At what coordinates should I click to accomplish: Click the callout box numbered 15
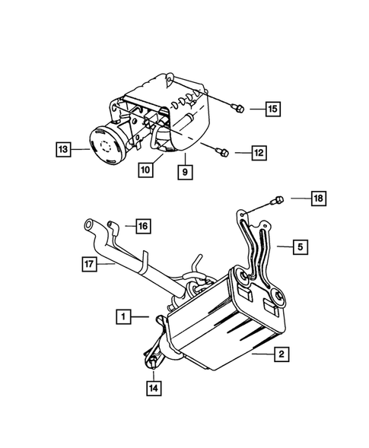click(x=272, y=109)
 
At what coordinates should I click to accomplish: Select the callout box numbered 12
click(x=259, y=152)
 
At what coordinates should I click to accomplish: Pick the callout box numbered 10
click(x=145, y=170)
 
